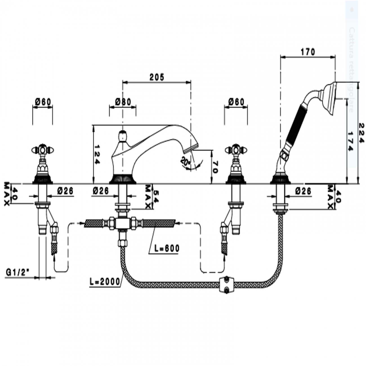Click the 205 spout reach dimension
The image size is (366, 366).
[x=157, y=77]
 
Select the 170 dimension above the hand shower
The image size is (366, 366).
[x=308, y=52]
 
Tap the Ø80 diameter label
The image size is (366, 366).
[x=123, y=102]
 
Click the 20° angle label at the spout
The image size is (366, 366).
[x=186, y=161]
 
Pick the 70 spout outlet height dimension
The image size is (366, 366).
[x=215, y=167]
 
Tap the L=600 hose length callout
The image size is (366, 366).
[x=167, y=248]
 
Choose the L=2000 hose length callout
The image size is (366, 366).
[x=105, y=282]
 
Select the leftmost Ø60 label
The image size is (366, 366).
[x=43, y=102]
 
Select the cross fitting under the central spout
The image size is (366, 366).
[x=122, y=224]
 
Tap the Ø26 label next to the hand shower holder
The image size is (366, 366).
[x=303, y=191]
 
